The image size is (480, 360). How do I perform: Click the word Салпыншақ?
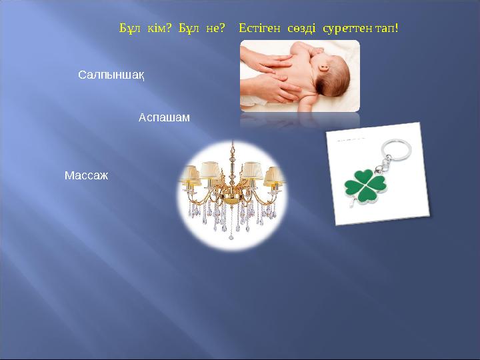112,74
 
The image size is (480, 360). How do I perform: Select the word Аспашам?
164,117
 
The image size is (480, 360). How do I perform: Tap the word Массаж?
86,176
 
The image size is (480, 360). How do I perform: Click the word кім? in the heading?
159,29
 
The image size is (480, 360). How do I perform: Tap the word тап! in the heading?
387,29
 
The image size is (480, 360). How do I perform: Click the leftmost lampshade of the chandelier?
191,175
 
